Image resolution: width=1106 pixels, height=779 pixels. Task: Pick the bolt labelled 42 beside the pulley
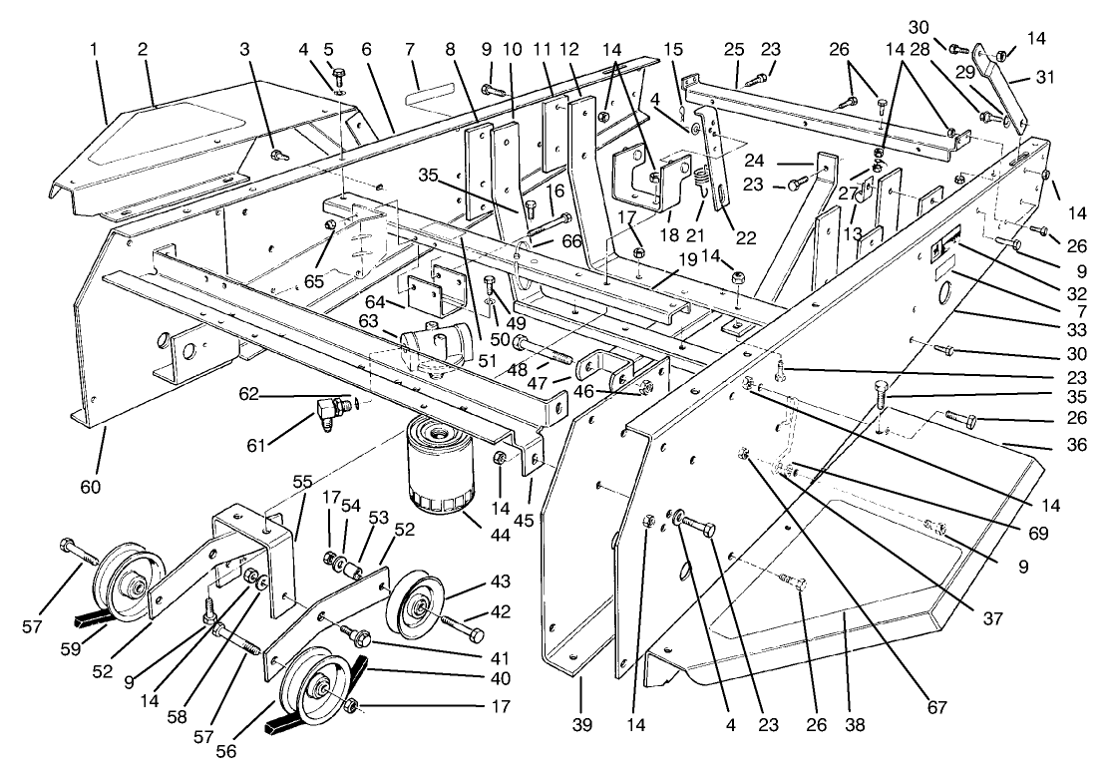click(460, 629)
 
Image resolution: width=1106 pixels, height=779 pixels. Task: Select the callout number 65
click(314, 282)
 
